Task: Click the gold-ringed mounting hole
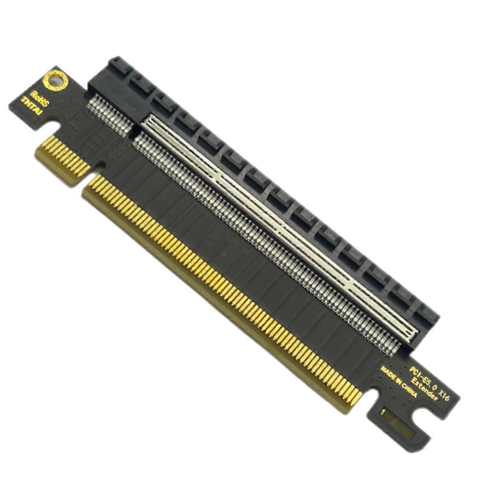[x=54, y=81]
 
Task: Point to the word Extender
[x=424, y=389]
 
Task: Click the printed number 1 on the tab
[x=382, y=413]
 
